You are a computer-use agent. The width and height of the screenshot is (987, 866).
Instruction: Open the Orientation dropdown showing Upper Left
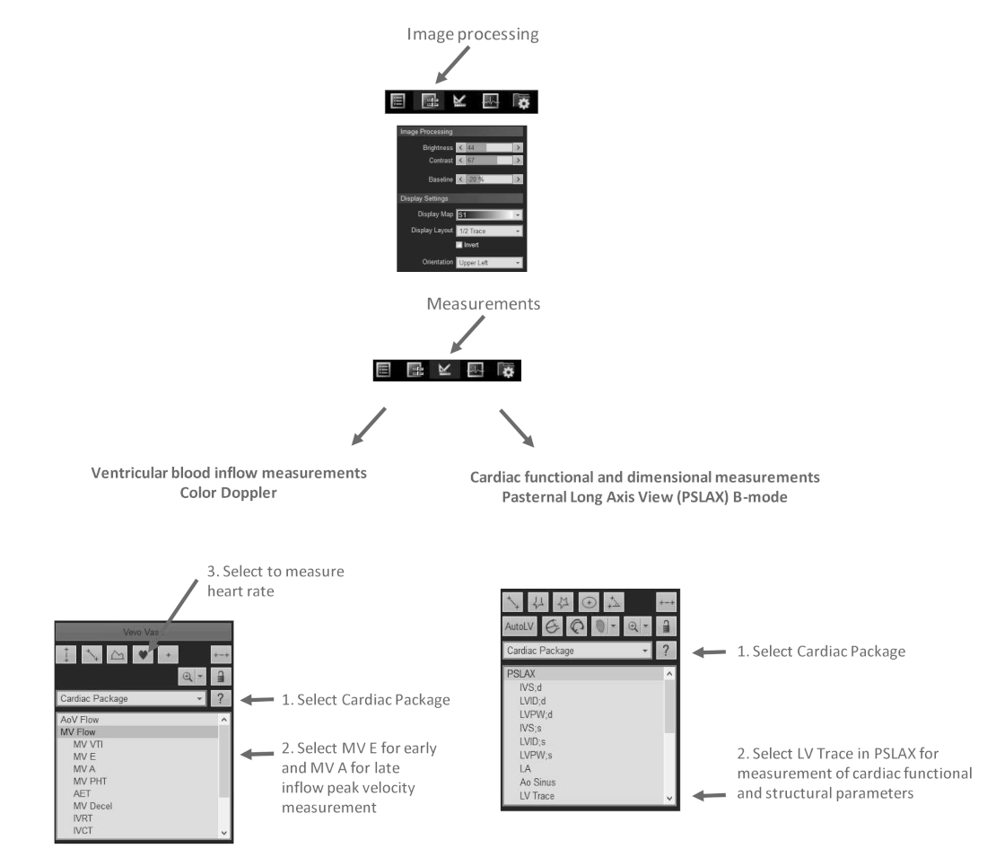point(489,262)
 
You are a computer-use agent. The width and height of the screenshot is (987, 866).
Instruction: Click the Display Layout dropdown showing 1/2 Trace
point(489,231)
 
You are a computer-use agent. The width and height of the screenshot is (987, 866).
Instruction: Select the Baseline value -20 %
point(476,179)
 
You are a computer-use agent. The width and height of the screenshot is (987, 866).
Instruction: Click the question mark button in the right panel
point(666,651)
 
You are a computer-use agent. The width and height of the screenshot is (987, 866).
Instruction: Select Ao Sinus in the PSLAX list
point(527,783)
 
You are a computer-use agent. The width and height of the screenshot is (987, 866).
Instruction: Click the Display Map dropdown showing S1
point(489,215)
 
